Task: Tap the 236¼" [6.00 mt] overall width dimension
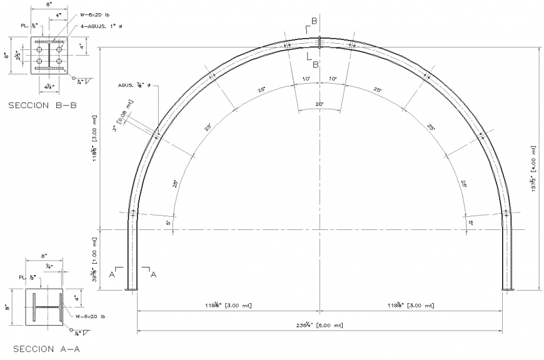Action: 320,325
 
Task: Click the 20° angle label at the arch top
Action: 320,104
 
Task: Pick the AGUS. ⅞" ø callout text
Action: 133,85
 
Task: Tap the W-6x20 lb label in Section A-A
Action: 89,317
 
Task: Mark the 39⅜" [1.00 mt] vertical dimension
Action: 95,259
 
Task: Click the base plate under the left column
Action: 133,289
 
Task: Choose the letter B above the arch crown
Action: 315,21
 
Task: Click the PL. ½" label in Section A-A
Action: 26,277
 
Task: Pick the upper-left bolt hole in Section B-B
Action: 39,47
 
